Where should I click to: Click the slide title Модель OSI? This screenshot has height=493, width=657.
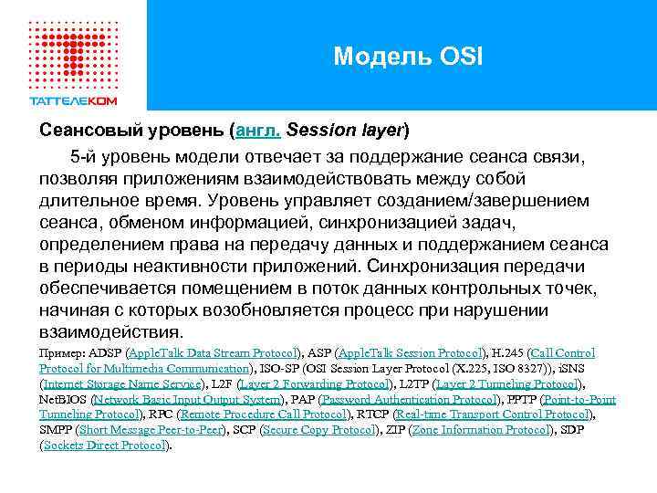tap(407, 58)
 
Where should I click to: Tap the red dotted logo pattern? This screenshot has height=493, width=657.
tap(74, 51)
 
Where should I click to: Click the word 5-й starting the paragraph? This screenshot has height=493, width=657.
tap(89, 156)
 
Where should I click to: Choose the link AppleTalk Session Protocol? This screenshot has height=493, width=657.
tap(409, 352)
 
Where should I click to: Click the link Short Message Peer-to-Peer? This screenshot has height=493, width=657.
tap(151, 431)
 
